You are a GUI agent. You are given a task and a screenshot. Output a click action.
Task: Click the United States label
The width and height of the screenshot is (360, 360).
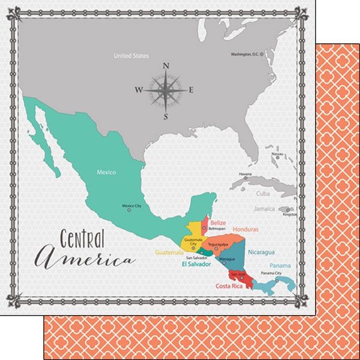click(131, 56)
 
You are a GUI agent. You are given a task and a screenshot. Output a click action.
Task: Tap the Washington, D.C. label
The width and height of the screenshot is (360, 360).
click(248, 55)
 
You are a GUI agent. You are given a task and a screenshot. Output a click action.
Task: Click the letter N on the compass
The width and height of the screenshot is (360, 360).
click(166, 67)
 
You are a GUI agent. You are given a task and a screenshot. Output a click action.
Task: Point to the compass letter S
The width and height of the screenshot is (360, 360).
click(165, 116)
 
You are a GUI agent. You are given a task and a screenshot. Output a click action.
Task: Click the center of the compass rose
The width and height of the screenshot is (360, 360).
click(165, 91)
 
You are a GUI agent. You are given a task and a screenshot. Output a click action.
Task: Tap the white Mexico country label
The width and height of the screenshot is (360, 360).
click(106, 172)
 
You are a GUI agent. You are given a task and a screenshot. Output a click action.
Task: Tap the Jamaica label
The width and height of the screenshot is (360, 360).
click(264, 209)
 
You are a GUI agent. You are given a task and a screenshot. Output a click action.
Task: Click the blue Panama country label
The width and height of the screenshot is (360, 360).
click(280, 266)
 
